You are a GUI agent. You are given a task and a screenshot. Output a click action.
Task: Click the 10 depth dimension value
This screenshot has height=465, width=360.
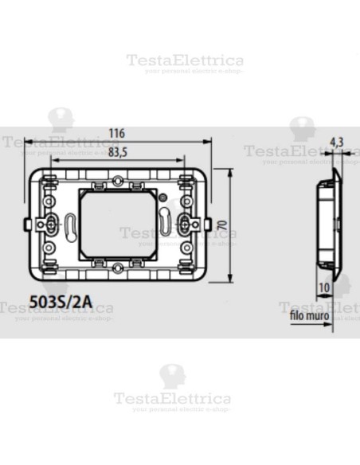coord(324,288)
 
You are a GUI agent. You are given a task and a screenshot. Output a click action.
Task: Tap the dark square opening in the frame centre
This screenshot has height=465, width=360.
coord(118,224)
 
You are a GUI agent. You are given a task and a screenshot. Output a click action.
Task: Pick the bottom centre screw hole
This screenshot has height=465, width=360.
coord(119,270)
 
